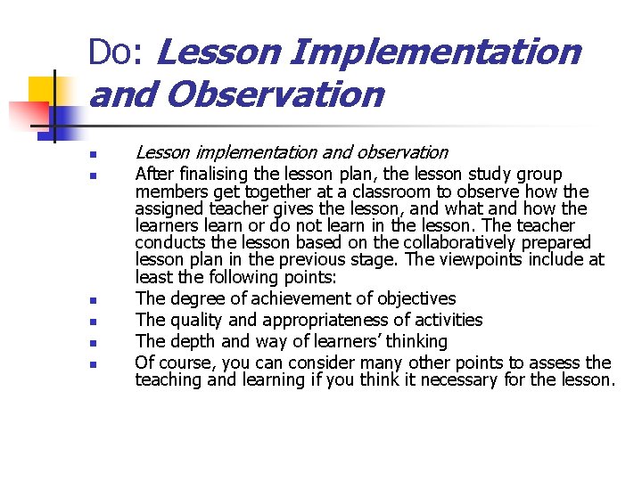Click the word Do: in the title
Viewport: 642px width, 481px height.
[116, 53]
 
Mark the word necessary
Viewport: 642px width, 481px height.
[452, 380]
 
